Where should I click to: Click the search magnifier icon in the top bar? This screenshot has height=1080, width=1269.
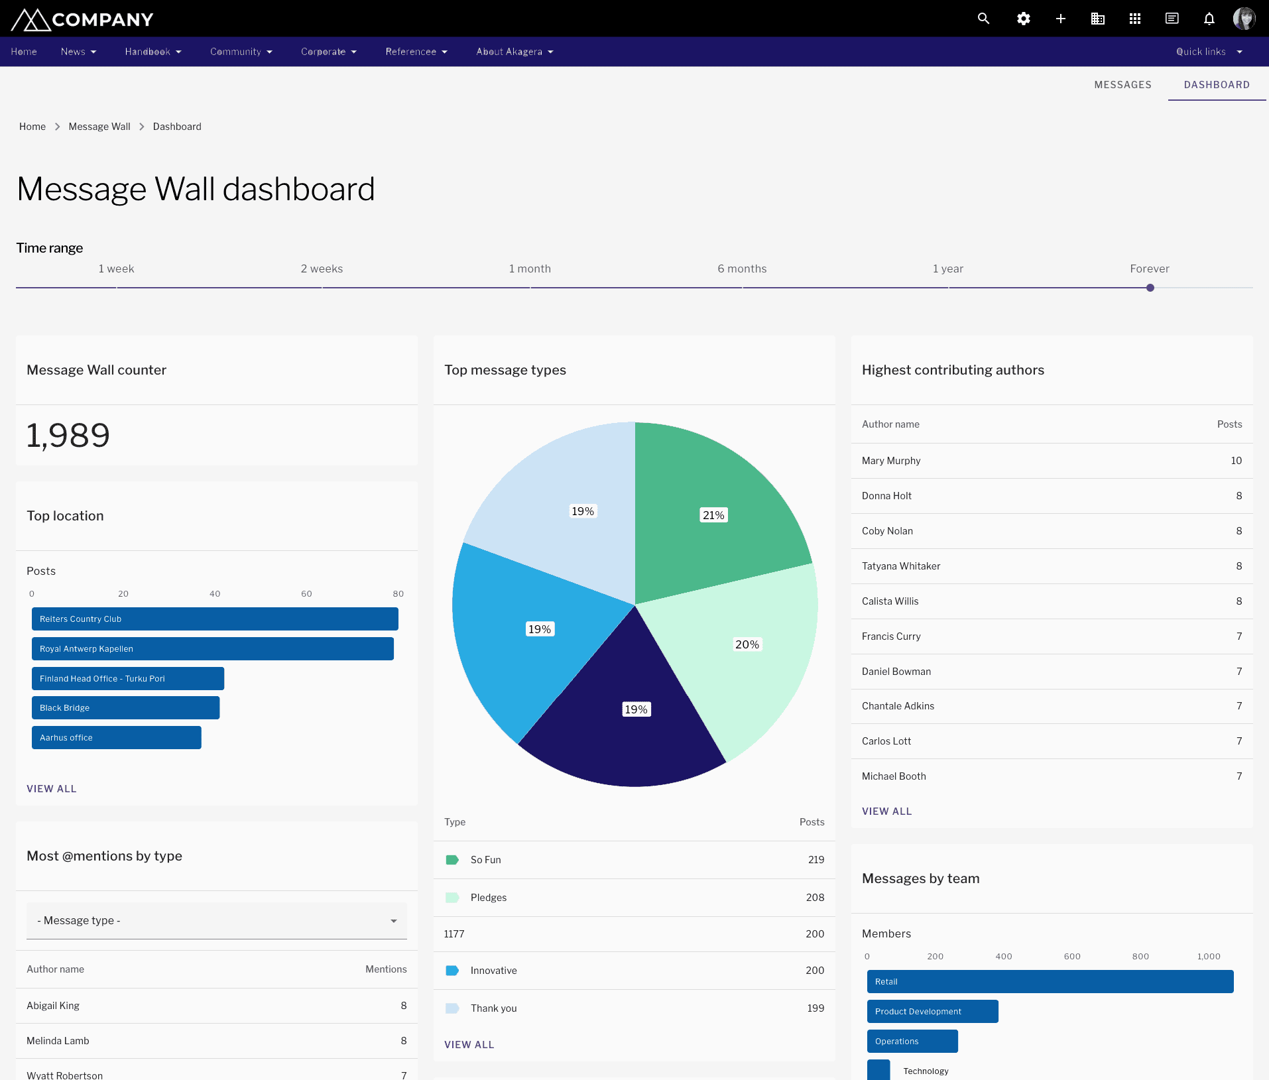pos(983,19)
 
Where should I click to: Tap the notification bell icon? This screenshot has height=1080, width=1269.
pos(1209,19)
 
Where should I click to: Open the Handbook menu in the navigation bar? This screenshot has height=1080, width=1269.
pos(152,52)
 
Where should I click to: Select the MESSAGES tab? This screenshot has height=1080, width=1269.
pos(1122,85)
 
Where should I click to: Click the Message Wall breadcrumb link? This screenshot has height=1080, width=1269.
pos(99,127)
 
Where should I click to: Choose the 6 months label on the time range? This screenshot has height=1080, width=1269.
pos(742,269)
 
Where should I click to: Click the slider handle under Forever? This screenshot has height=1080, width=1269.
pos(1150,288)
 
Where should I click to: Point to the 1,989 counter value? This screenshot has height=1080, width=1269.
pos(68,436)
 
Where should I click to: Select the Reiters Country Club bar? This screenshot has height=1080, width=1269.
pos(215,619)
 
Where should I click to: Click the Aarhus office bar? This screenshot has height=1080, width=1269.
pos(117,738)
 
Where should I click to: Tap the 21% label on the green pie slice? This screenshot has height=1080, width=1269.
pos(713,515)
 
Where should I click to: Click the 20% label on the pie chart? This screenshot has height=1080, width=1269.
pos(747,644)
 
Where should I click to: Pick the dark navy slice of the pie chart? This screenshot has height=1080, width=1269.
pos(623,743)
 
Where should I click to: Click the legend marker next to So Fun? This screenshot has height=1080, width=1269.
pos(452,860)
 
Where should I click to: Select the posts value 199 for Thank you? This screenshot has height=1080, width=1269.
pos(816,1008)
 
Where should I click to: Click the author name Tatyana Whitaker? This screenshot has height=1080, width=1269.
pos(901,566)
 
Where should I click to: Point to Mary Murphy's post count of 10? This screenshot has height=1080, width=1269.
pos(1236,461)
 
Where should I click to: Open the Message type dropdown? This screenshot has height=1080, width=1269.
pos(217,921)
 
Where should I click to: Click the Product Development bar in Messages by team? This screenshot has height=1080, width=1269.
pos(932,1012)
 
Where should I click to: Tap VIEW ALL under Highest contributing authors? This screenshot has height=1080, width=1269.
pos(886,811)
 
